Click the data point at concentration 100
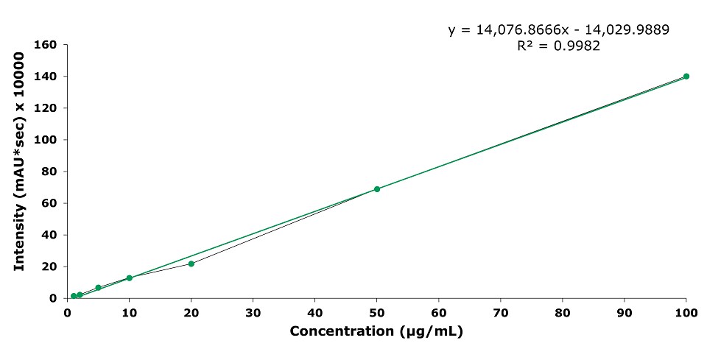point(686,77)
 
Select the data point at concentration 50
point(376,189)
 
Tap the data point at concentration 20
point(191,264)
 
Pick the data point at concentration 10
point(129,278)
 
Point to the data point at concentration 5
point(98,288)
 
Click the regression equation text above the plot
point(558,30)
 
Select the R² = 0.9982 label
point(559,46)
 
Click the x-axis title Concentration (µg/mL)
point(376,331)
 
